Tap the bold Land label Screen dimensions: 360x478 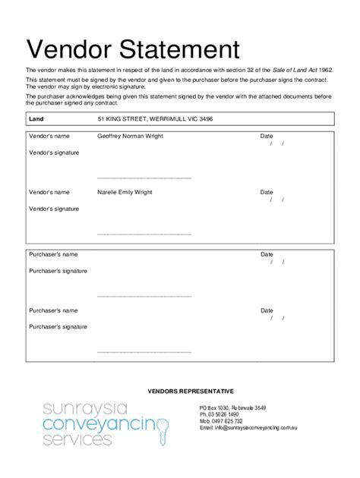(36, 120)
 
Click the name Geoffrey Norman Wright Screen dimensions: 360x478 (131, 137)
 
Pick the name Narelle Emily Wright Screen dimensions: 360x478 (125, 192)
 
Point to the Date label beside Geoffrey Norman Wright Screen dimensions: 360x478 (267, 137)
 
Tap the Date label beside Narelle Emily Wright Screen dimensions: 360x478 (267, 192)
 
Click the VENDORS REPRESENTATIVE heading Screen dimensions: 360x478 (191, 391)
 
